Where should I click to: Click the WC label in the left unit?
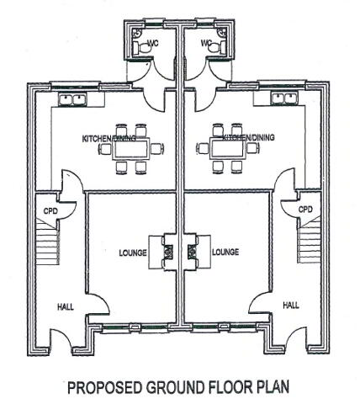click(x=152, y=44)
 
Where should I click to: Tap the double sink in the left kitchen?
click(x=73, y=99)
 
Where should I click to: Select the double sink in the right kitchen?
click(x=285, y=99)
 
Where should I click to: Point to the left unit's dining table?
click(x=131, y=149)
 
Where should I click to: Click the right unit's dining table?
click(x=227, y=149)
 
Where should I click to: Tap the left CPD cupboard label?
click(x=50, y=210)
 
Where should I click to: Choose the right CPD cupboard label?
click(x=305, y=210)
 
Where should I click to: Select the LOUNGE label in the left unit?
click(x=133, y=252)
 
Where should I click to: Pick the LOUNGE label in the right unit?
click(x=225, y=252)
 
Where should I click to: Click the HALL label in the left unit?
click(x=66, y=307)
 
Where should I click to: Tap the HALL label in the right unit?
click(x=291, y=306)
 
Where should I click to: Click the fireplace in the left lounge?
click(x=167, y=252)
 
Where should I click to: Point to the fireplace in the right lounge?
click(x=193, y=252)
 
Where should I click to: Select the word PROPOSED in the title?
click(x=105, y=387)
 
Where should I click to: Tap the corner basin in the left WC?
click(x=138, y=33)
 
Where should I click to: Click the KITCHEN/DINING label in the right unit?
click(x=248, y=138)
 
